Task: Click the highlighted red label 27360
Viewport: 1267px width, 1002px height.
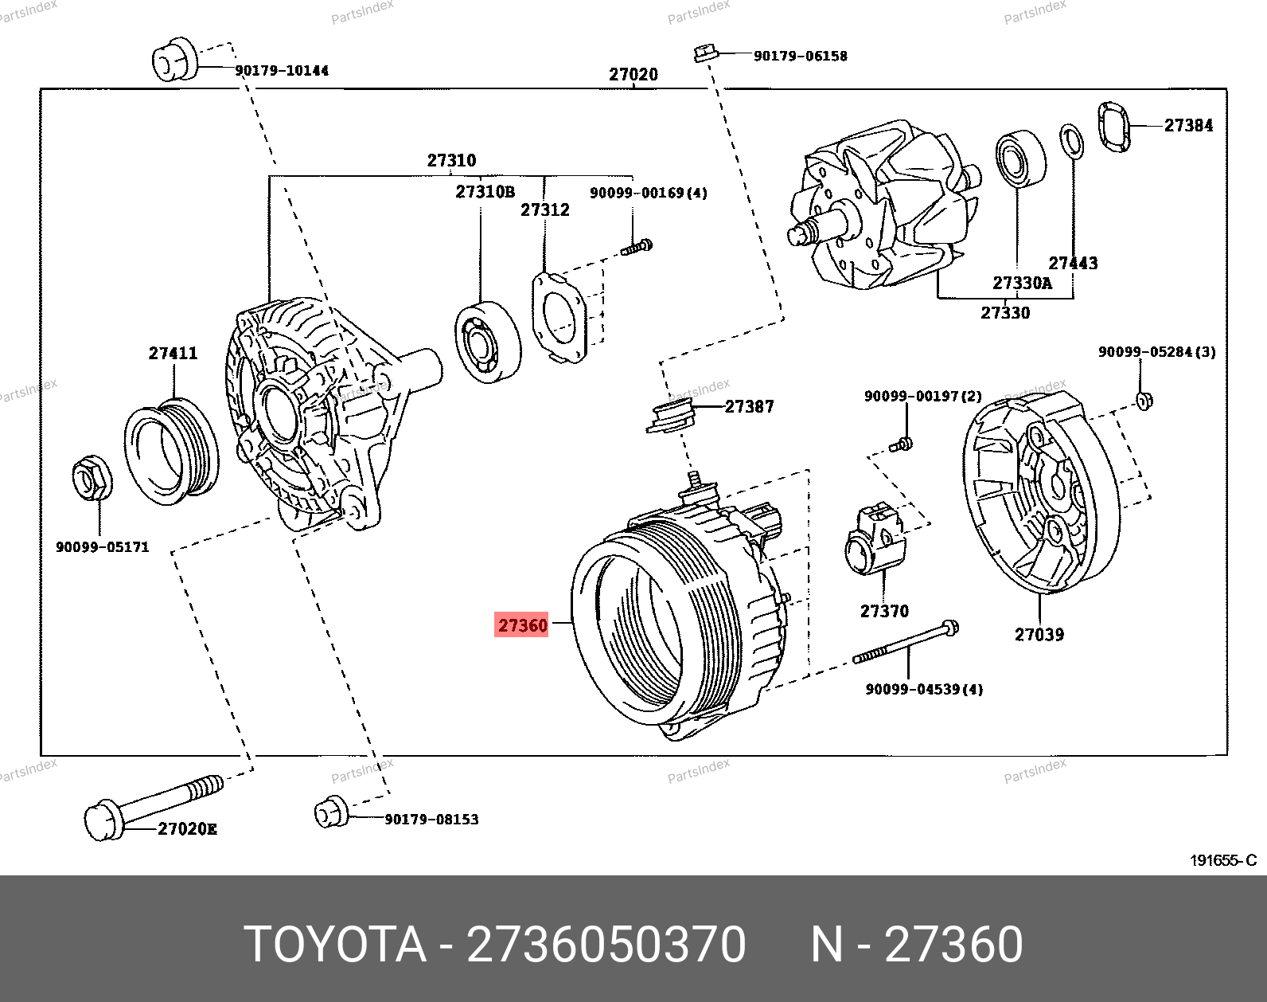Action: coord(521,624)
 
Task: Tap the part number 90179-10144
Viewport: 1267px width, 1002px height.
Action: coord(282,71)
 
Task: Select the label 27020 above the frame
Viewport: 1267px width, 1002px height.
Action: coord(633,74)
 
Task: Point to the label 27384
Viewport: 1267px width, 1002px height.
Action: coord(1189,125)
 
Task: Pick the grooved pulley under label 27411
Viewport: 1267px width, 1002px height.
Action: coord(171,451)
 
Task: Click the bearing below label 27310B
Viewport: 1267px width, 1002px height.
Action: coord(488,342)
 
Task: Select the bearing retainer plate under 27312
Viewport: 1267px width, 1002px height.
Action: coord(559,317)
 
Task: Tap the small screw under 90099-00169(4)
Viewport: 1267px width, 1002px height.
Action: coord(637,247)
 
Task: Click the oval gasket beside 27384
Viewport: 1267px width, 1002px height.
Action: coord(1114,127)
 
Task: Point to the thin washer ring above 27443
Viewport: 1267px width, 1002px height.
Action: coord(1071,142)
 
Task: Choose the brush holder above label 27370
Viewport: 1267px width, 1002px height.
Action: coord(875,538)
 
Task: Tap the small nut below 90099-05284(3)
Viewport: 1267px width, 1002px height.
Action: coord(1144,401)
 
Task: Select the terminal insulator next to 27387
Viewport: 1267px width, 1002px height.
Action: coord(671,416)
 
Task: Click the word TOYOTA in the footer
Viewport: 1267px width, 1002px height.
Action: coord(336,945)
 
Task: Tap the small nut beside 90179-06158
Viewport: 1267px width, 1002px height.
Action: coord(706,53)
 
